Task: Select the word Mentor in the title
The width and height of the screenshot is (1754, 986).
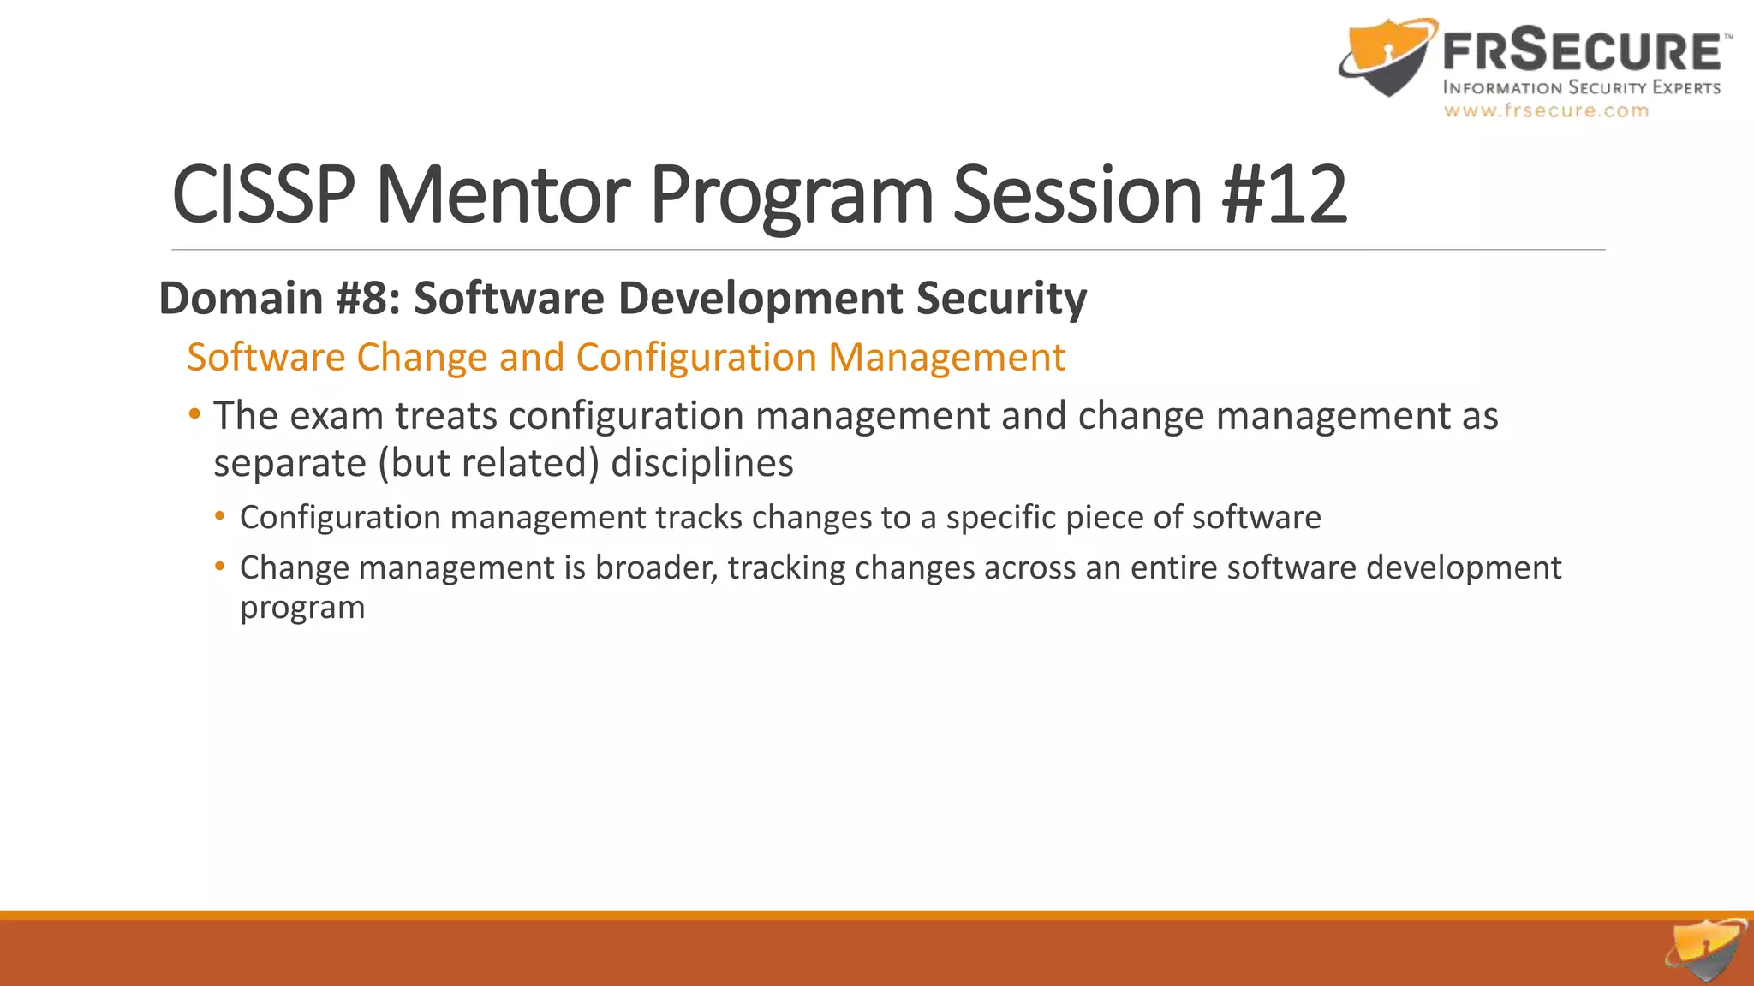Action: (x=503, y=195)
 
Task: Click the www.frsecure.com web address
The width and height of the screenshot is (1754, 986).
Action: (x=1546, y=110)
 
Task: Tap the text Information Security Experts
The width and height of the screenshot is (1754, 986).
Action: (x=1581, y=87)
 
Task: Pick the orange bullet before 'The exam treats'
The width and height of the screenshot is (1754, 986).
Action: (x=195, y=415)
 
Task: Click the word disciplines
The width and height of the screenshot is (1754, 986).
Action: (x=701, y=463)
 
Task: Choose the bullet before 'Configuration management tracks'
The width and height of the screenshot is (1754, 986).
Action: (x=220, y=516)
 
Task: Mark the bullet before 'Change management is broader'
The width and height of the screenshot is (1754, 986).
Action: (x=220, y=566)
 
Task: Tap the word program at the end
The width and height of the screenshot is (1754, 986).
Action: (x=302, y=608)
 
